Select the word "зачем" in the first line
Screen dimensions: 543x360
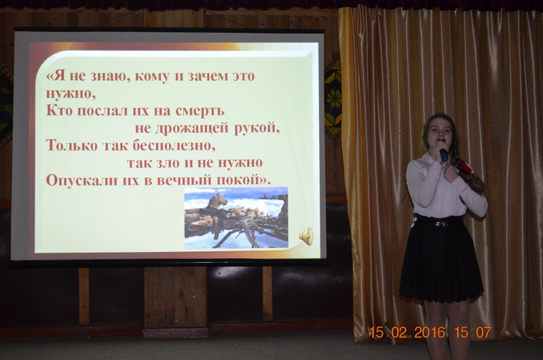point(208,76)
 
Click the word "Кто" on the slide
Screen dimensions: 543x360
point(59,111)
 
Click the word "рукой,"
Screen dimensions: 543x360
point(257,129)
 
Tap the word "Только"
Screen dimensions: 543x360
point(72,145)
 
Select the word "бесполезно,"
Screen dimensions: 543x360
point(174,146)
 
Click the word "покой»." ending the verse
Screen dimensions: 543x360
point(243,181)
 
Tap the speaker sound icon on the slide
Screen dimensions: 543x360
point(306,236)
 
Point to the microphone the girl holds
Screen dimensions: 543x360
point(443,149)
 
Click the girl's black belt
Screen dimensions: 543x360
point(438,221)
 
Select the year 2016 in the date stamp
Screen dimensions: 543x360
point(430,333)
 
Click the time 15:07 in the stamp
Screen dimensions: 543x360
point(472,333)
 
